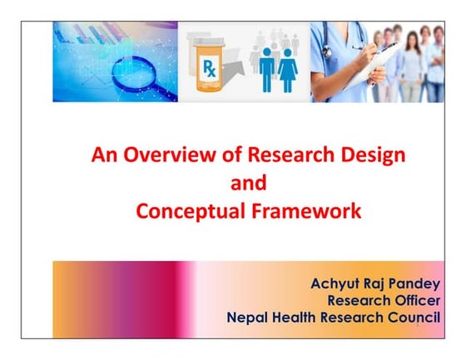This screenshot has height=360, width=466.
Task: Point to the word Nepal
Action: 251,317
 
